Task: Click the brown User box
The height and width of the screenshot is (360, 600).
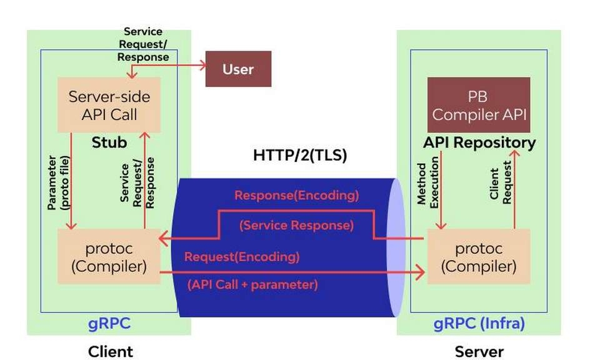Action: tap(238, 69)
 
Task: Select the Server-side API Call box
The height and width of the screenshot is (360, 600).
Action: tap(109, 105)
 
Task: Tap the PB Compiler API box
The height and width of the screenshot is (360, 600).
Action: tap(478, 106)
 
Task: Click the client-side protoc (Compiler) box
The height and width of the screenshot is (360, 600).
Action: tap(109, 257)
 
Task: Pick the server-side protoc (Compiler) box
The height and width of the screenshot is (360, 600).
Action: tap(478, 257)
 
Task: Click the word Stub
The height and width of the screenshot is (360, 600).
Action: tap(109, 142)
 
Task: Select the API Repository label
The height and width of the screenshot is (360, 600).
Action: tap(479, 142)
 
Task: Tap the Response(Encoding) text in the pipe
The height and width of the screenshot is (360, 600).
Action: tap(296, 195)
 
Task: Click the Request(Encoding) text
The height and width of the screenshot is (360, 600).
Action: tap(241, 257)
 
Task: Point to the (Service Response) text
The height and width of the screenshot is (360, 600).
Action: tap(296, 225)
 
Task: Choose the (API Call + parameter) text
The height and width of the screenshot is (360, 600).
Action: tap(252, 284)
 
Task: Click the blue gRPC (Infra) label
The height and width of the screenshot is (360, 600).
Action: tap(479, 324)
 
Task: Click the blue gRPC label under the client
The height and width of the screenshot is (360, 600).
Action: tap(109, 324)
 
